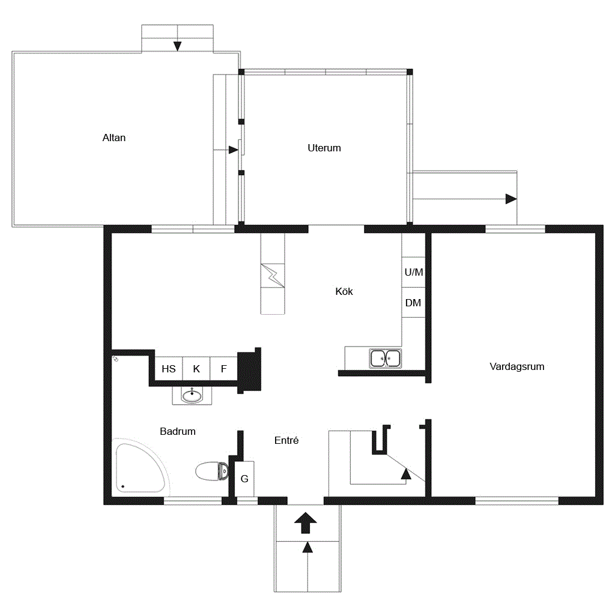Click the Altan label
114,138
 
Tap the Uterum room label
324,148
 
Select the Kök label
344,291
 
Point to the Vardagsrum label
517,367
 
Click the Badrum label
178,431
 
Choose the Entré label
286,440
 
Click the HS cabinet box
169,368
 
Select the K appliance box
196,368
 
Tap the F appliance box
223,368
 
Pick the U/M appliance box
413,272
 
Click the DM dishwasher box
413,303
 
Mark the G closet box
244,479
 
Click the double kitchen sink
385,359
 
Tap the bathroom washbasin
192,395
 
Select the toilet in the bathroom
212,471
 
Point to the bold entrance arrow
306,523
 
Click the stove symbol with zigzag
273,276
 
